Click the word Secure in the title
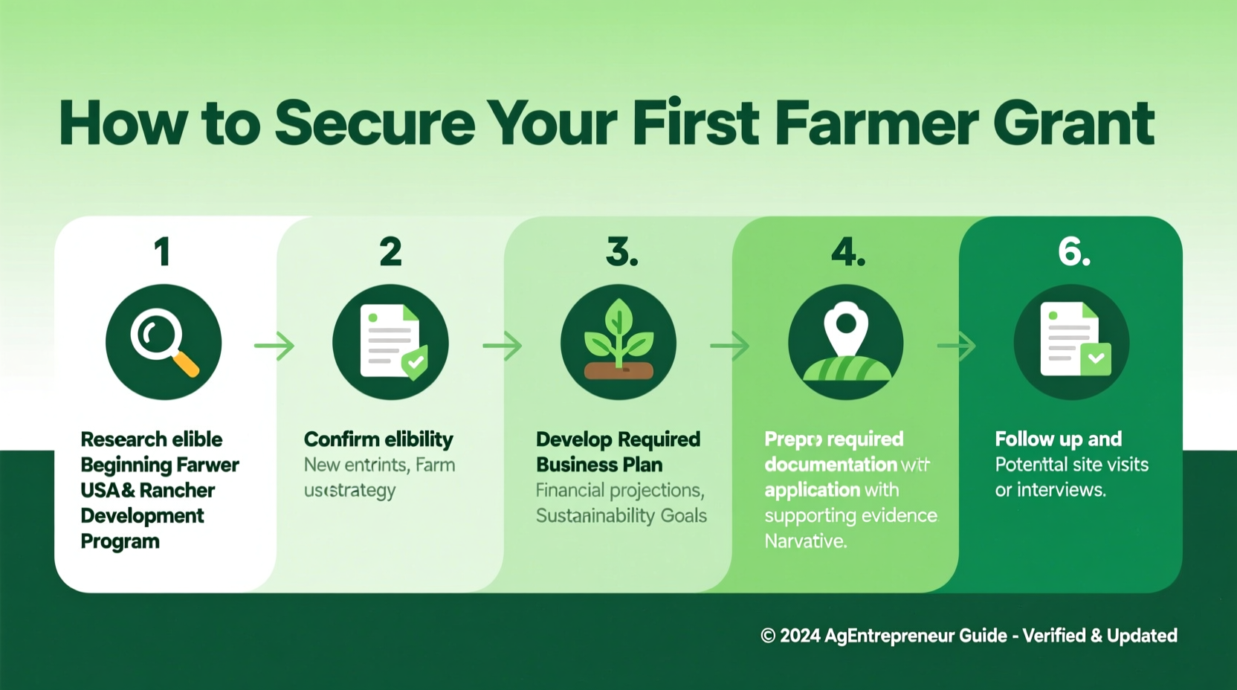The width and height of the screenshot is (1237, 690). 375,123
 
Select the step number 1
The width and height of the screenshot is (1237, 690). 163,252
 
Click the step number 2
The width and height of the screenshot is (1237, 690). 390,252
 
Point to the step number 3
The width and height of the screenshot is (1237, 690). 621,252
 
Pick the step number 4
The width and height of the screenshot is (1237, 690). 847,252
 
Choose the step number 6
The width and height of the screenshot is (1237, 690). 1074,252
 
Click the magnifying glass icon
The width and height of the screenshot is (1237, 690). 164,342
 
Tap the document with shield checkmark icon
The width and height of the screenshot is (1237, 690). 391,342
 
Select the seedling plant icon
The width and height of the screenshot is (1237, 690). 618,342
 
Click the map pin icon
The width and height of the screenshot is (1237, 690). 846,342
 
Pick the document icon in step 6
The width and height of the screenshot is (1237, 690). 1072,342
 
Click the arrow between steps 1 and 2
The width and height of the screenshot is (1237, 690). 275,346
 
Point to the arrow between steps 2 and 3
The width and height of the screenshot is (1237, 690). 503,346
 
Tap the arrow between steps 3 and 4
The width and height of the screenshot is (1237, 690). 730,346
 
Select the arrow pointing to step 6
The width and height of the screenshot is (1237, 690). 957,346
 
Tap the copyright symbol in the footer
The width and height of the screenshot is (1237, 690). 768,636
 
